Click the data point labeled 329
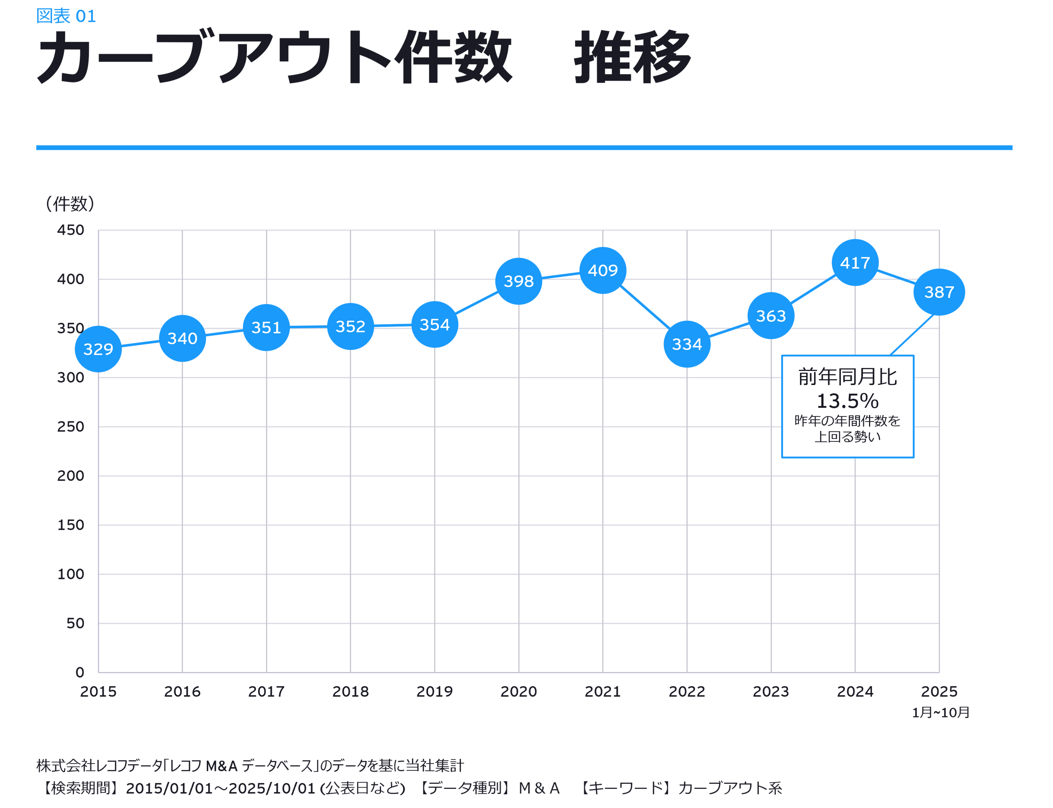coord(98,349)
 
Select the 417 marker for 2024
coord(855,263)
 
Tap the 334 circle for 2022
coord(687,344)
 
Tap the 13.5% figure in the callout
coord(847,401)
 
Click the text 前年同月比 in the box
coord(847,377)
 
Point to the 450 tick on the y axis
coord(71,230)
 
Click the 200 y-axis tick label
coord(71,476)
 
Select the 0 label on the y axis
coord(80,672)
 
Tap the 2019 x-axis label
coord(434,691)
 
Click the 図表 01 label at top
coord(66,16)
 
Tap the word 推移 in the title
coord(632,57)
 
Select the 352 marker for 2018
coord(350,327)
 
